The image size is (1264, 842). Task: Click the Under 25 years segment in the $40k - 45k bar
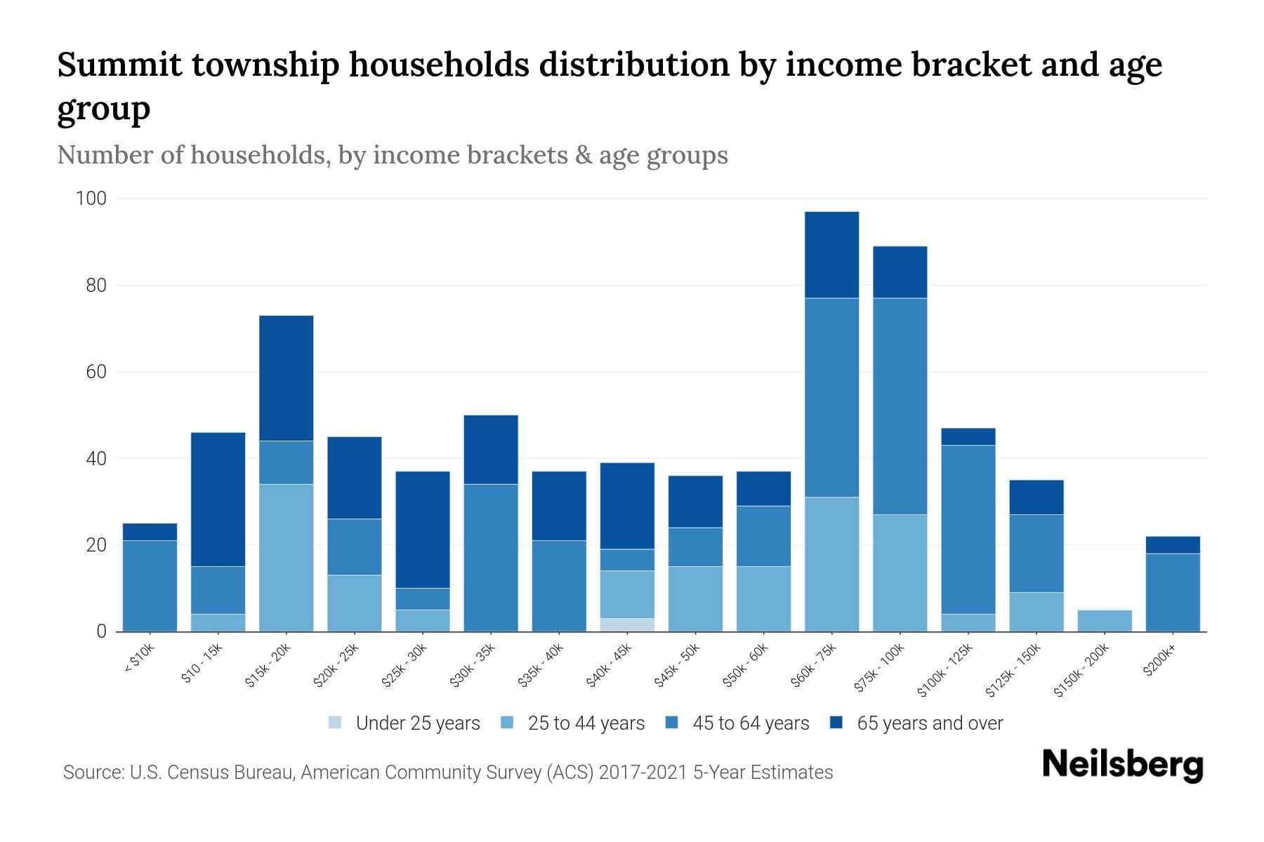point(627,624)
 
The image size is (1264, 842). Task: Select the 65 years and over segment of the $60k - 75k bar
point(831,255)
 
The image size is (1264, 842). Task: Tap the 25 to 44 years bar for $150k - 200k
point(1105,620)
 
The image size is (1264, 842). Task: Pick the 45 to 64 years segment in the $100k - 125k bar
point(968,530)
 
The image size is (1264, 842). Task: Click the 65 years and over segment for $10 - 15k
point(218,499)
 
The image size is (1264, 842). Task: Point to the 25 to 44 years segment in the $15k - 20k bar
point(286,558)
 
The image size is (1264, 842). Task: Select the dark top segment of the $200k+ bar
point(1173,545)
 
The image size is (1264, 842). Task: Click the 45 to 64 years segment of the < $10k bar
point(150,586)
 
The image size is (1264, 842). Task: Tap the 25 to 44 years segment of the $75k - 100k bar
point(900,573)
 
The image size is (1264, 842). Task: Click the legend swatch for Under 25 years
point(336,723)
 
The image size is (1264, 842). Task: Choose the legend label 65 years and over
point(930,723)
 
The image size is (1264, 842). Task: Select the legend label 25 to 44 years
point(586,723)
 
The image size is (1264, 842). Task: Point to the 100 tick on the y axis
point(91,199)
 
